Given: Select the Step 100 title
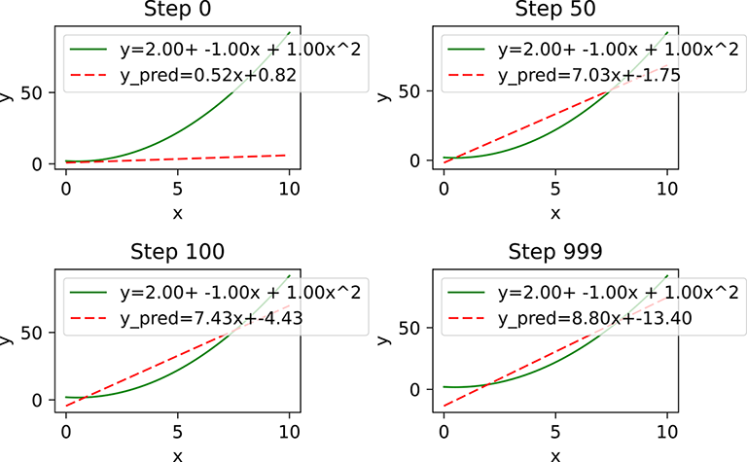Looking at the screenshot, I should (x=177, y=251).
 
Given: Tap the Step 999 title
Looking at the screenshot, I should (x=555, y=251).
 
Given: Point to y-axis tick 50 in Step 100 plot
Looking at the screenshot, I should (x=38, y=333).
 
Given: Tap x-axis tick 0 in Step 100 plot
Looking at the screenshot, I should (x=65, y=428).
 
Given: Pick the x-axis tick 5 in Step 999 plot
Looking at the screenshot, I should (x=555, y=428).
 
